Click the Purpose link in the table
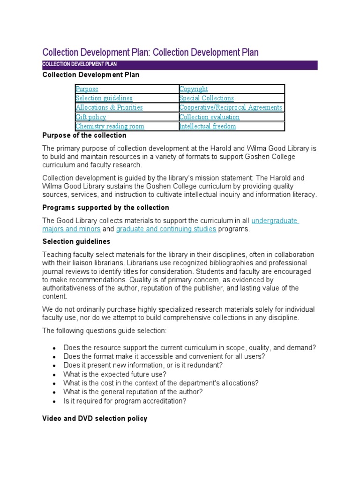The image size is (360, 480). (x=87, y=89)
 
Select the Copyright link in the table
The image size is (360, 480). (x=194, y=89)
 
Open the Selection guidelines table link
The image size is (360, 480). (x=104, y=98)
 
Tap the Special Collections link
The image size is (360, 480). (x=207, y=98)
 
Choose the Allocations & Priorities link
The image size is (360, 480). (x=109, y=107)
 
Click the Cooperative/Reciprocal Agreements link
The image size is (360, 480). (x=231, y=107)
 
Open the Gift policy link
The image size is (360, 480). (x=91, y=117)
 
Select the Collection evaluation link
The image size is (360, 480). (x=210, y=117)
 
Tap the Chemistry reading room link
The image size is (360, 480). (x=110, y=127)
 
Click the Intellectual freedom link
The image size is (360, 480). (x=208, y=127)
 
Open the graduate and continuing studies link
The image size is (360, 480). (x=166, y=229)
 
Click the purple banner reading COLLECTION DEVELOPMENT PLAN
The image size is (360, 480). (x=180, y=64)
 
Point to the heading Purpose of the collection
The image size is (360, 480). (x=84, y=135)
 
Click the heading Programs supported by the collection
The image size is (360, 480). (x=106, y=208)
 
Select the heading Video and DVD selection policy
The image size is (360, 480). (x=95, y=418)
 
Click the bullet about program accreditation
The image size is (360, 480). (x=125, y=401)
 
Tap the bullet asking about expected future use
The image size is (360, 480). (x=115, y=374)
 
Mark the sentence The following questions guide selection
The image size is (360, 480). (x=105, y=330)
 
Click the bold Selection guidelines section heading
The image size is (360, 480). (x=76, y=242)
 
